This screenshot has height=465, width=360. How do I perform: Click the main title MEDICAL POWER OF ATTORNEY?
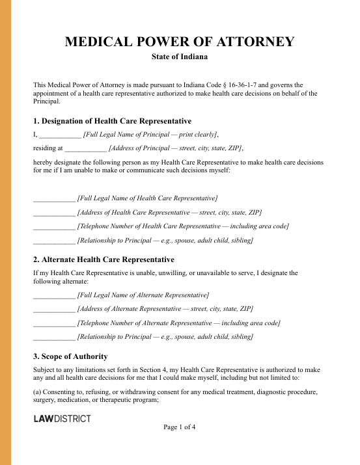click(180, 43)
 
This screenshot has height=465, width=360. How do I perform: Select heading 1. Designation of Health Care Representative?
click(112, 121)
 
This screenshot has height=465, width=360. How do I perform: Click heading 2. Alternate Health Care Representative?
click(104, 259)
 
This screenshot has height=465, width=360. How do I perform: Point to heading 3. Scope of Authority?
click(70, 356)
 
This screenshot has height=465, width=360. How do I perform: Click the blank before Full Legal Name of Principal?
click(60, 135)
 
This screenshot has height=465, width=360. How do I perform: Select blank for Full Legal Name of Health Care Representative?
click(54, 198)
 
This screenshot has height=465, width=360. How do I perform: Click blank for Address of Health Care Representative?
click(54, 212)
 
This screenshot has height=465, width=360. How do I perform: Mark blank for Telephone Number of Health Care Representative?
click(54, 226)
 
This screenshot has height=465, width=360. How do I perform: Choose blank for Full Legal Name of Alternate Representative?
click(54, 295)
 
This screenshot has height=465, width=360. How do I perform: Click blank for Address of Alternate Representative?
click(54, 309)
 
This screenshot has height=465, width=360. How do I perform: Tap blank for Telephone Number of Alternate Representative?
click(54, 323)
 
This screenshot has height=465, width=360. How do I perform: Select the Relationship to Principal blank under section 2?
click(54, 338)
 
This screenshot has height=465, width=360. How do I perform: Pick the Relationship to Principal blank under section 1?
click(54, 241)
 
